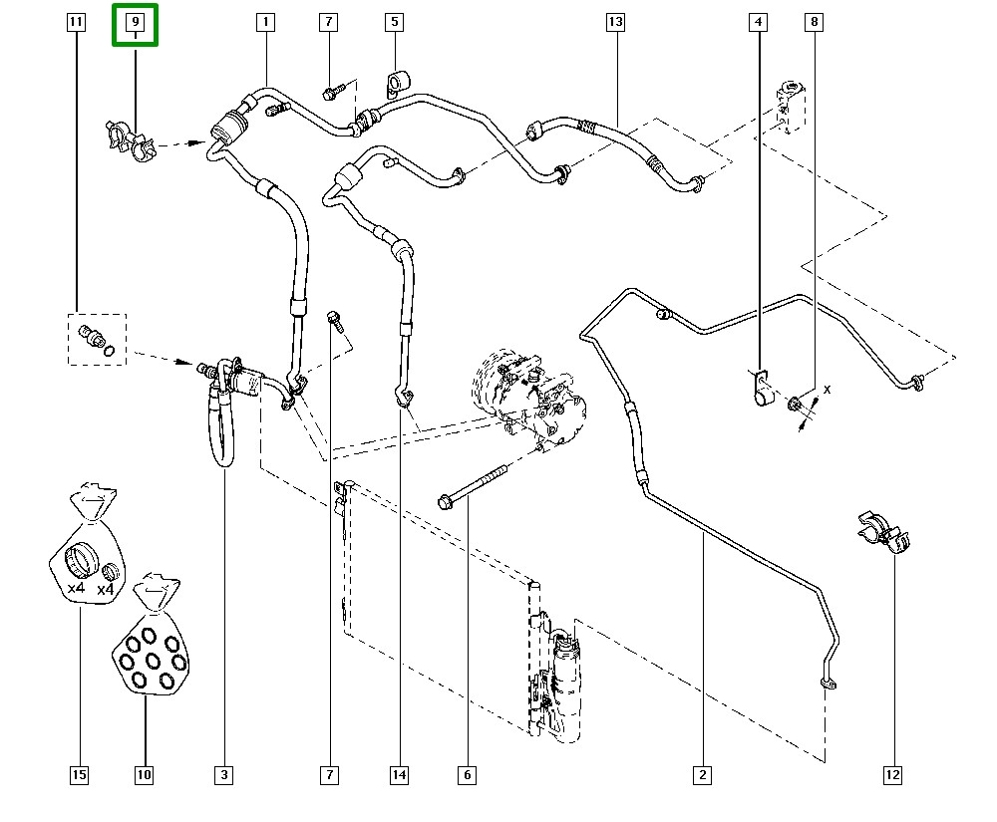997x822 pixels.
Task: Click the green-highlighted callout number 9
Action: (135, 22)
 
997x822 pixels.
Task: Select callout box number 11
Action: (75, 21)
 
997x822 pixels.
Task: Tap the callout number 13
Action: (614, 21)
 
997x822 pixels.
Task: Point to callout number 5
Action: (394, 21)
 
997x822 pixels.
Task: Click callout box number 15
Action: (79, 774)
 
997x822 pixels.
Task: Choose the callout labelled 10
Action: (144, 774)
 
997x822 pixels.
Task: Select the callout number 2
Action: (703, 774)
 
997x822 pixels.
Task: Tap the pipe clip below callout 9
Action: (128, 140)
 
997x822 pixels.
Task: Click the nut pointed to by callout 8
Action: (797, 404)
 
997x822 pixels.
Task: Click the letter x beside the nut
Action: (827, 389)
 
